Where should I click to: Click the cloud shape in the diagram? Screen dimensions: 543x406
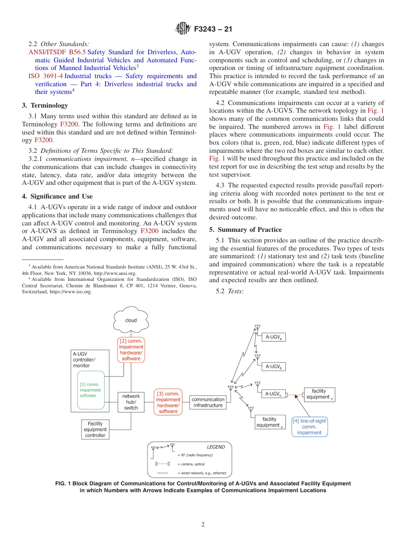point(131,320)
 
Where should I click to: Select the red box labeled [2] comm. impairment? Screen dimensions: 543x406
point(131,350)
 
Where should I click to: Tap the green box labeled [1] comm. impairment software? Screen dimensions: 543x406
point(91,390)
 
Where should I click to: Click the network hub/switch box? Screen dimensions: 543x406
point(131,402)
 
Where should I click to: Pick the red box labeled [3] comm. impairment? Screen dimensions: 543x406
point(168,402)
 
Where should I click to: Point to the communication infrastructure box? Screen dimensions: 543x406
point(208,402)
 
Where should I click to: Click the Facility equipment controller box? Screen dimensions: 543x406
point(95,429)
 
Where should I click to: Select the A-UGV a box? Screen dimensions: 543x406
point(274,337)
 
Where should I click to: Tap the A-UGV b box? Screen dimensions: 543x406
point(274,366)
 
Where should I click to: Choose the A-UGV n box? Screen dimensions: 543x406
point(274,394)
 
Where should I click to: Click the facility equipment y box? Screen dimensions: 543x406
point(319,394)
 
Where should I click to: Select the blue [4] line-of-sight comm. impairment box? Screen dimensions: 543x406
point(309,426)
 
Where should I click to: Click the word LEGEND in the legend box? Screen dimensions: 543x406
point(216,447)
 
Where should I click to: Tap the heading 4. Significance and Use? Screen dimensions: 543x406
point(57,196)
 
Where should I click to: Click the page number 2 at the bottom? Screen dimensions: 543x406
point(203,525)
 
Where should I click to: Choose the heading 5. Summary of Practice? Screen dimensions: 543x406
point(245,230)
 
